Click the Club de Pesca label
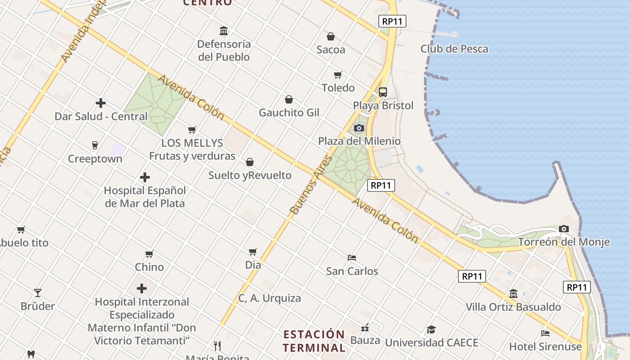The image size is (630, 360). tap(454, 49)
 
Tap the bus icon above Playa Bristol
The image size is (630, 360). tap(382, 92)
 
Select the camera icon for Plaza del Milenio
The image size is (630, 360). tap(359, 128)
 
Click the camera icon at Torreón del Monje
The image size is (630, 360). tap(563, 229)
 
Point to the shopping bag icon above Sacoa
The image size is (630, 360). tap(331, 36)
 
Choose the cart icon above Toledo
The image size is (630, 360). tap(337, 75)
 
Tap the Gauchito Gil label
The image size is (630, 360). tap(289, 112)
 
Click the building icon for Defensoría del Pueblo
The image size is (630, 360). tap(224, 31)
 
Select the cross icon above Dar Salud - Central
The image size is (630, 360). tap(101, 103)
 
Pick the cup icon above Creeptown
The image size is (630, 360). tap(94, 145)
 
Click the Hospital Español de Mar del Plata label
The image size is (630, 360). tap(145, 197)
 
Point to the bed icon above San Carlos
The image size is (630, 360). tap(352, 258)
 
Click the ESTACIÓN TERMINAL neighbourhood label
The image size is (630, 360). tap(314, 341)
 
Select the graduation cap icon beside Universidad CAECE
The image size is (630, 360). tap(431, 329)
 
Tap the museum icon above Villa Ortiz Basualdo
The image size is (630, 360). tap(513, 294)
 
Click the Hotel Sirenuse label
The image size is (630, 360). tap(545, 346)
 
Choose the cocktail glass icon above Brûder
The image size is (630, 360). tap(38, 293)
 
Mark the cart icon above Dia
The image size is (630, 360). tap(253, 252)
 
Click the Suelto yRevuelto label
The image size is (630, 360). tap(250, 175)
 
